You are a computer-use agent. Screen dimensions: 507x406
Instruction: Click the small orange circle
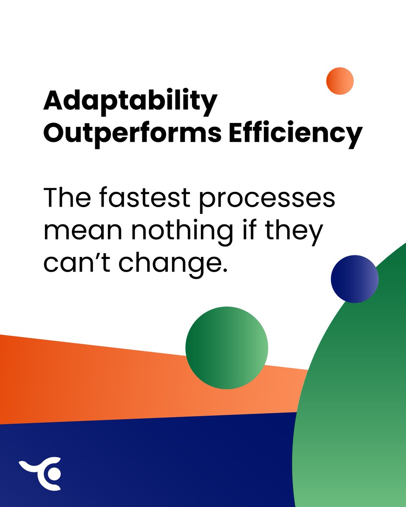[x=340, y=81]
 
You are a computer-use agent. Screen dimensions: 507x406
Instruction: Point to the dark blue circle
[x=354, y=279]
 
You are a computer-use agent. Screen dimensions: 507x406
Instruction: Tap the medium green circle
[x=227, y=348]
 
